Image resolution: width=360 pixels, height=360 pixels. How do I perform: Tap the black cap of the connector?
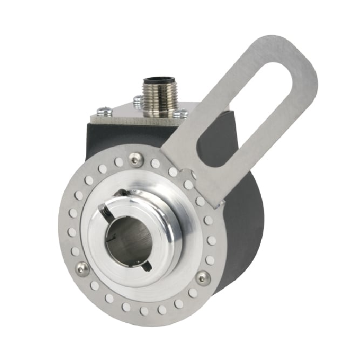coord(157,82)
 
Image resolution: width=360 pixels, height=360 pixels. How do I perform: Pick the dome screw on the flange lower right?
coord(203,278)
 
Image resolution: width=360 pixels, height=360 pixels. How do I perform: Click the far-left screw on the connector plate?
coord(106,111)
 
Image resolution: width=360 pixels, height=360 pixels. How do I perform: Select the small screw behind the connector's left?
coord(138,99)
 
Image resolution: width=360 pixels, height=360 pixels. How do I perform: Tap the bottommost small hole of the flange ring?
coord(144,311)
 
